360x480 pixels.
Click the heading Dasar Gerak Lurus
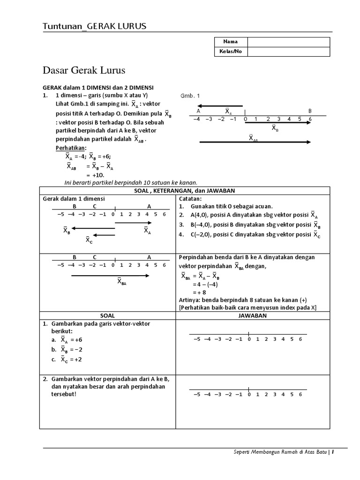(x=84, y=71)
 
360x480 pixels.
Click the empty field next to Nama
(x=288, y=42)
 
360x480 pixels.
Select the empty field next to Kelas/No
(x=288, y=52)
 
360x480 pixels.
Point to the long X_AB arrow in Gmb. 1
(x=255, y=141)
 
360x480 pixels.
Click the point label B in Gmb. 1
(x=309, y=111)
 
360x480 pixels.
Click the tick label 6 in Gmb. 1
(x=310, y=120)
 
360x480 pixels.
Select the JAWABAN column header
(x=253, y=315)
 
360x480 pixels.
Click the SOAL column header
(x=108, y=315)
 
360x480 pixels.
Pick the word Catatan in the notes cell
(x=190, y=199)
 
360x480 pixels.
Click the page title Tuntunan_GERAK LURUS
(x=94, y=26)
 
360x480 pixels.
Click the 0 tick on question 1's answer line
(x=249, y=339)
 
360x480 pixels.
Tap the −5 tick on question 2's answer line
(x=196, y=395)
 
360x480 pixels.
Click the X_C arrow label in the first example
(x=89, y=240)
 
